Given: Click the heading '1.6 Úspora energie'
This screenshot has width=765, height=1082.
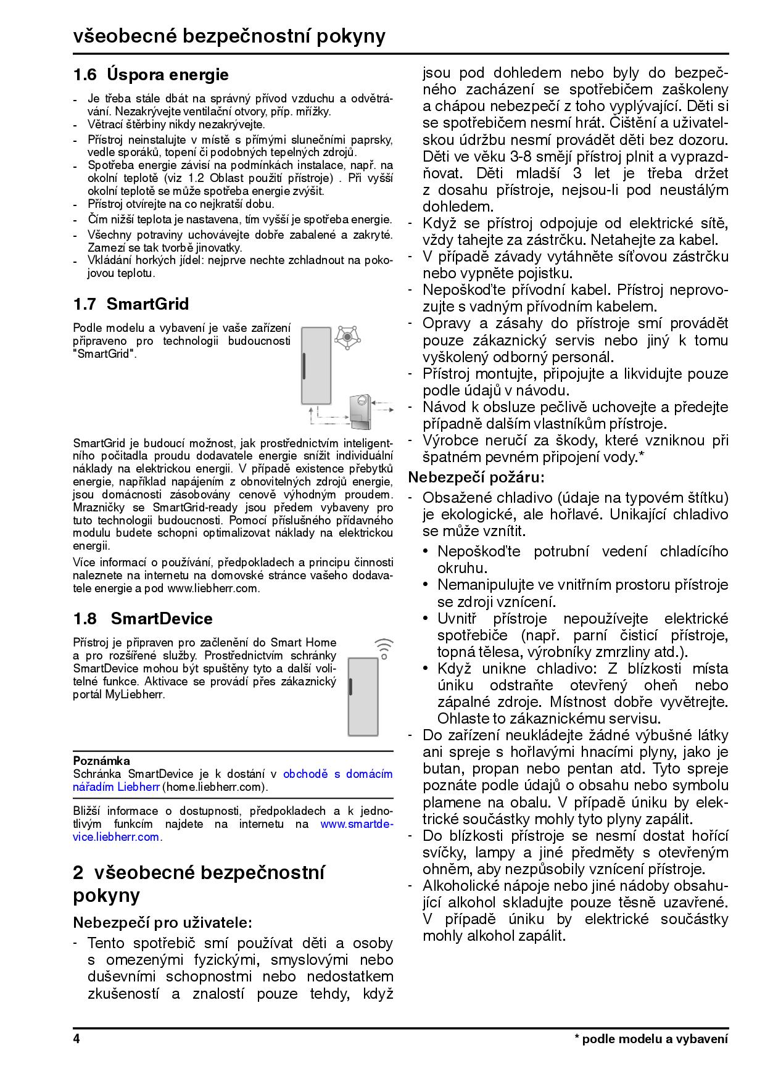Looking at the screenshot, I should (151, 75).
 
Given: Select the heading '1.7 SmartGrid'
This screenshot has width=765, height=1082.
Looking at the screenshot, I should (131, 304).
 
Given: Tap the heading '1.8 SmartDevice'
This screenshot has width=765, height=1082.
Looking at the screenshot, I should (143, 619).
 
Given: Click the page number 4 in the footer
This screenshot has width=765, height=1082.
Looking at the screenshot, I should (76, 1039).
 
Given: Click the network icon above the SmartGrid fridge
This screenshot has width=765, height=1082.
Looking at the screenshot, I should (348, 337).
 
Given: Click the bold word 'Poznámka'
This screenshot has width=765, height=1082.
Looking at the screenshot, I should (102, 761).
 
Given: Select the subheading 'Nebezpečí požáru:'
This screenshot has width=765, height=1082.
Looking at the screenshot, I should (476, 477).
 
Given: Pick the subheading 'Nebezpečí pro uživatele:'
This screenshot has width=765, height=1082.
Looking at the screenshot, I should (163, 923).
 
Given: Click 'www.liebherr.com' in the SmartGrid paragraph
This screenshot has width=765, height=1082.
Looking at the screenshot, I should (212, 588).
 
